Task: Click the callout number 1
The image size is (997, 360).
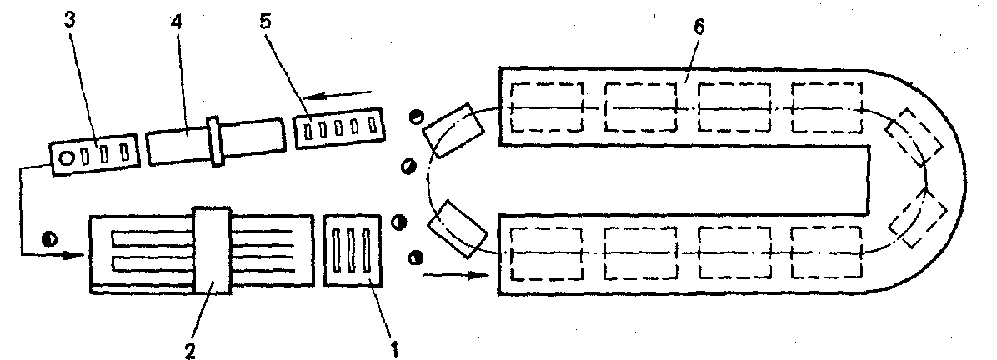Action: (394, 349)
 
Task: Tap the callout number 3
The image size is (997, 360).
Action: (71, 19)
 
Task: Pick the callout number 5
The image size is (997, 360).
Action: (266, 21)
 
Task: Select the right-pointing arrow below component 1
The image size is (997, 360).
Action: (456, 275)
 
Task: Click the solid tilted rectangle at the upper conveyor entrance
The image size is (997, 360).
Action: (454, 130)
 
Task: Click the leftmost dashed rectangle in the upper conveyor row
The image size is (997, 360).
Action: (547, 107)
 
